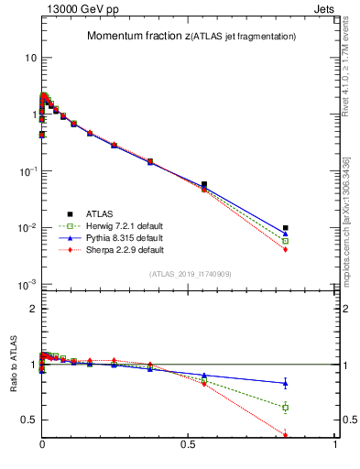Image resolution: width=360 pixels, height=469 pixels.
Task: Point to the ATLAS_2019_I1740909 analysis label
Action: tap(189, 274)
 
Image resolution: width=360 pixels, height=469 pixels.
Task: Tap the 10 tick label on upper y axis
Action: tap(29, 58)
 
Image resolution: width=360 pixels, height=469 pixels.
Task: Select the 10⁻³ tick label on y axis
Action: tap(27, 285)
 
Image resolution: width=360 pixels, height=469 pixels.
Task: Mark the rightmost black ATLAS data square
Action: tap(286, 228)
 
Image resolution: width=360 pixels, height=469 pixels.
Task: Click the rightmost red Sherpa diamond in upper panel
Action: tap(286, 249)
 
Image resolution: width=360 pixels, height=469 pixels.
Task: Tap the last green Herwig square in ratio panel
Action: tap(286, 407)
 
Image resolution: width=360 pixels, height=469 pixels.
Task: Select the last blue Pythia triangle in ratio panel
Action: tap(286, 384)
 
